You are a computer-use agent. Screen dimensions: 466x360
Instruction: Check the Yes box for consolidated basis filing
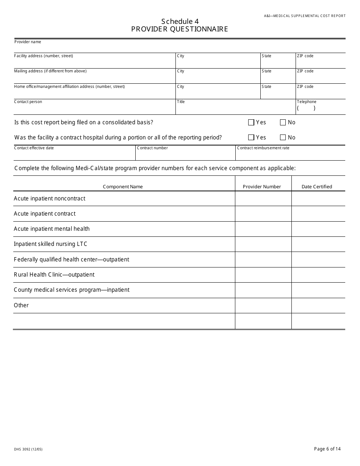251,122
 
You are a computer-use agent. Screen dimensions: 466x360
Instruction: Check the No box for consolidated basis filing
283,122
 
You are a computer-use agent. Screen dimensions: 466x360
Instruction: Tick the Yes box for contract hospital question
251,138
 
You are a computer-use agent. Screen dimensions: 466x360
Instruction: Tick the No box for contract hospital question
283,138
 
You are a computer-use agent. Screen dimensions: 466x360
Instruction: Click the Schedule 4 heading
180,22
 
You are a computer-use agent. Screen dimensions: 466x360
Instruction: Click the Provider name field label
28,42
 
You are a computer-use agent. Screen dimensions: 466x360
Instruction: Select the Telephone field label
306,102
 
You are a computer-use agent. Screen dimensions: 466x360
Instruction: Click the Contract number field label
152,148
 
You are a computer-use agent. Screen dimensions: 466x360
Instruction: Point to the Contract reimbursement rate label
263,148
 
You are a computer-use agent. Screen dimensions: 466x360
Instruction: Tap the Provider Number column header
262,187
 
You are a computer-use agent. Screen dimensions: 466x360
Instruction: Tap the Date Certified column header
317,187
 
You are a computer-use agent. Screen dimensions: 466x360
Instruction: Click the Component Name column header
123,187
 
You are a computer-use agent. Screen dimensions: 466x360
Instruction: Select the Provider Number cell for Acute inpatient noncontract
263,199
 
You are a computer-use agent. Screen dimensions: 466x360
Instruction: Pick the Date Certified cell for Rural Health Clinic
318,275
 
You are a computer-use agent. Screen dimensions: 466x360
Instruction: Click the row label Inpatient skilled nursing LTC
50,244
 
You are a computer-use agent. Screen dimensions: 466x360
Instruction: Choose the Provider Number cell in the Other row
263,305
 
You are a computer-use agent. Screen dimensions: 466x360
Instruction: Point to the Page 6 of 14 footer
327,449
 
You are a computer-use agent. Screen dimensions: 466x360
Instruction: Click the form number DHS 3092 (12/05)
28,449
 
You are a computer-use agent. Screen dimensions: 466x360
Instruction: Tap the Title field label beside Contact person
181,102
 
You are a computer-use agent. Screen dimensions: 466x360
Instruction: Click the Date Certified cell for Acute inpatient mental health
318,229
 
